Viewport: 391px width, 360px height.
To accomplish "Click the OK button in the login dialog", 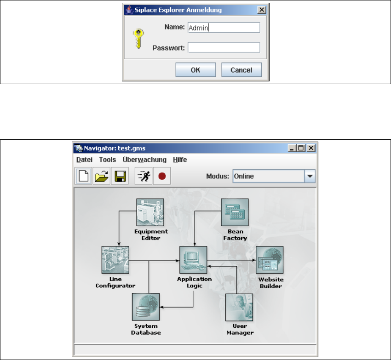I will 195,70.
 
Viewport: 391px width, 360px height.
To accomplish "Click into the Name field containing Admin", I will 224,28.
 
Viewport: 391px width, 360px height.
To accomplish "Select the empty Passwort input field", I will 224,47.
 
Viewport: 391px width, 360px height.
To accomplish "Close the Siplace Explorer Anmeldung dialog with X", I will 261,10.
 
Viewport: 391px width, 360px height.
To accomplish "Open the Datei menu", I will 84,160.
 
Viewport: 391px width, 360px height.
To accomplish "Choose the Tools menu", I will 108,160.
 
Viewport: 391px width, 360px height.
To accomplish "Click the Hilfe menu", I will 180,160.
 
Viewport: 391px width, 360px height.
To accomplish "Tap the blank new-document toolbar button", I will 84,176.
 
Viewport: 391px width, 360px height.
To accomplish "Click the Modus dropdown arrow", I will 310,176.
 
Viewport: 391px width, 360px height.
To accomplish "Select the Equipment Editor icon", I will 150,212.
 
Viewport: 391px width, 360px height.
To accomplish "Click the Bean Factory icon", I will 235,212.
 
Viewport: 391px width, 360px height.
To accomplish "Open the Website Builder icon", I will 270,260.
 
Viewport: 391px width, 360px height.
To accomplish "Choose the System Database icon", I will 146,307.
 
